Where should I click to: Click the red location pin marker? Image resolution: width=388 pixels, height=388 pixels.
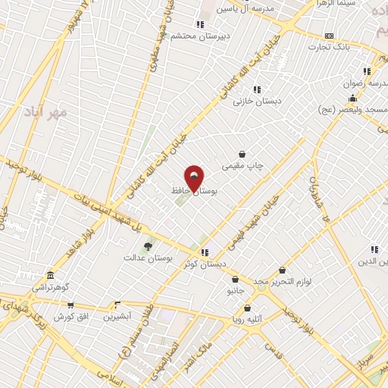click(194, 178)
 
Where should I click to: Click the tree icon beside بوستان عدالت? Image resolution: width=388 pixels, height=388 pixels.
click(148, 246)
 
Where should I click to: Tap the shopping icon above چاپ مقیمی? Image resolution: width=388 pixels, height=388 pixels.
click(242, 154)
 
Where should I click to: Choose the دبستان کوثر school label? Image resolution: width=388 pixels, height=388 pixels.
click(202, 264)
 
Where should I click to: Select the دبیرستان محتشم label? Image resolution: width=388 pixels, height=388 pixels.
click(198, 36)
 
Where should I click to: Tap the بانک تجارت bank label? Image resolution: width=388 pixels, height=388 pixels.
click(336, 47)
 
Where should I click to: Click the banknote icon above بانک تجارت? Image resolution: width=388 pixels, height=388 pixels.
click(329, 36)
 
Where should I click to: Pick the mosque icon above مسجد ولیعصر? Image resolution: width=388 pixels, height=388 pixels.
click(352, 99)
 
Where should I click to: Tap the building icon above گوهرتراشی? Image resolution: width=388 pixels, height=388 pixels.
click(50, 275)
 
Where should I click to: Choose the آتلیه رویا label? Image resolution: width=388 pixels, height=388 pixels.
click(248, 320)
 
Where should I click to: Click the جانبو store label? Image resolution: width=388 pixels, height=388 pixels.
click(235, 290)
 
